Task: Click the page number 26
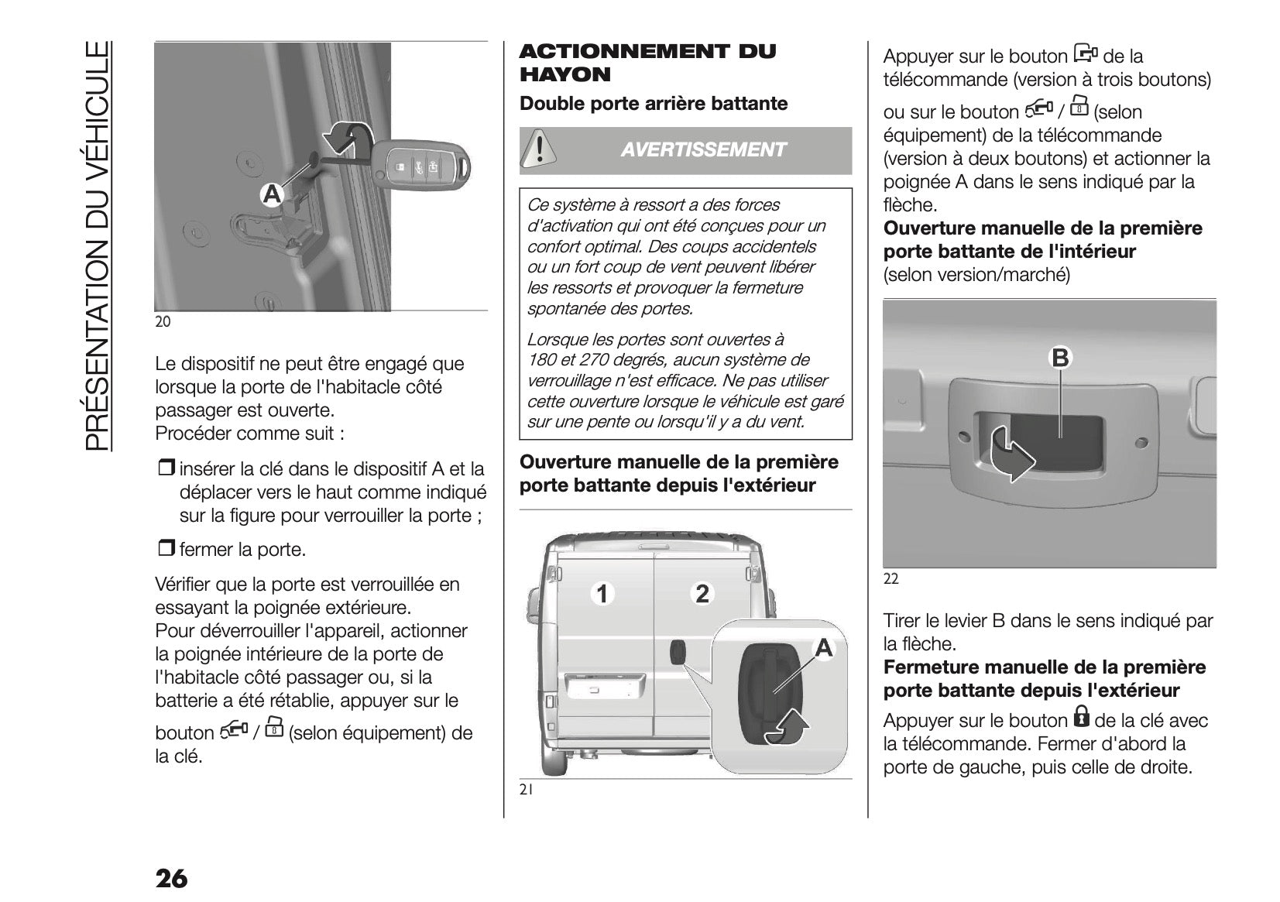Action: [171, 878]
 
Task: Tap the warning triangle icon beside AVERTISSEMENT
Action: [535, 149]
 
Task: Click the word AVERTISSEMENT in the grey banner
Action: [702, 150]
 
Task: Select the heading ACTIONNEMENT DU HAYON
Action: [647, 63]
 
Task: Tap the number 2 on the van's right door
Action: [702, 594]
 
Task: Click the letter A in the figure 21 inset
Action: [824, 648]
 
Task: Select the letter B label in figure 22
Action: [1060, 358]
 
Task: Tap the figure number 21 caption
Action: [527, 790]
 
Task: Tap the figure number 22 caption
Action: [891, 578]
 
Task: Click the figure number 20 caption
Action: [163, 321]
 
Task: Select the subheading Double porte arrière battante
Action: [654, 104]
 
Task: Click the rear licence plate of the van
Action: [594, 685]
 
